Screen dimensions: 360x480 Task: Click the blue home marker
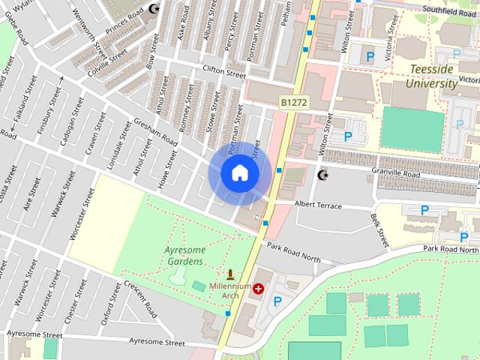(239, 173)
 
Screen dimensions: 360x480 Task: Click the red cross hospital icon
(259, 288)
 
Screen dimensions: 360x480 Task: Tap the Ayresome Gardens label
(172, 256)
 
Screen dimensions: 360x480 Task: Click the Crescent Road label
(140, 300)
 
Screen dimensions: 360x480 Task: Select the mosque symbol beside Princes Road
(154, 9)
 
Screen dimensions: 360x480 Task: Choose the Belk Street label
(379, 229)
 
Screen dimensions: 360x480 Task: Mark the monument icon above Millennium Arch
(230, 274)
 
